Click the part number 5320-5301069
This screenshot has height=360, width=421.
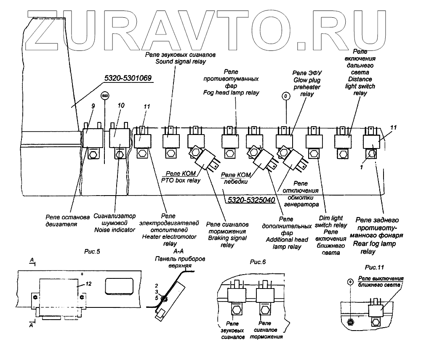tap(128, 78)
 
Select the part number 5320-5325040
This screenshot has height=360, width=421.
tap(251, 200)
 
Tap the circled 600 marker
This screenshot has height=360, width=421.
tap(105, 96)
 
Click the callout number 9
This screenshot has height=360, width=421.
tap(93, 106)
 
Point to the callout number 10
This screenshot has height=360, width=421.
tap(121, 106)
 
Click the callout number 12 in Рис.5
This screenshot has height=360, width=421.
tap(88, 284)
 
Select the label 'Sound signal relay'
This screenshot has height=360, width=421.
tap(181, 62)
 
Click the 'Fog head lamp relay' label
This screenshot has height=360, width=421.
tap(231, 93)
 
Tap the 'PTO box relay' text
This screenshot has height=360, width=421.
tap(181, 180)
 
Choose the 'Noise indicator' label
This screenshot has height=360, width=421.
tap(115, 230)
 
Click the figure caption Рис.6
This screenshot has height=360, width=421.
tap(258, 262)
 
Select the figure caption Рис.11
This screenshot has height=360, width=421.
tap(374, 267)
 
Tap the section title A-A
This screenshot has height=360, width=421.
tap(178, 251)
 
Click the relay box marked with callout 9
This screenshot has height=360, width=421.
tap(93, 138)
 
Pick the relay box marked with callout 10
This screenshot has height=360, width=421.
tap(120, 138)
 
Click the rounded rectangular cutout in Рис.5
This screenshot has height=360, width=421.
tap(119, 285)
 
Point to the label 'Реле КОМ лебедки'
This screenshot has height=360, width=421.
tap(236, 178)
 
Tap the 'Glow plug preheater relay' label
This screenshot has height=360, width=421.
tap(307, 87)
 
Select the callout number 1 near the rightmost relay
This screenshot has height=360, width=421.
tap(361, 167)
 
